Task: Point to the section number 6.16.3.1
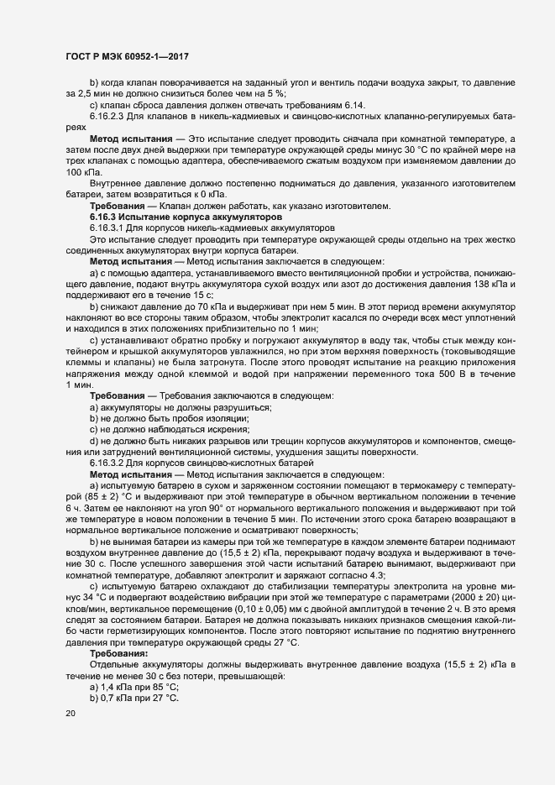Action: pyautogui.click(x=108, y=228)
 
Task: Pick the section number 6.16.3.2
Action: pyautogui.click(x=108, y=463)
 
